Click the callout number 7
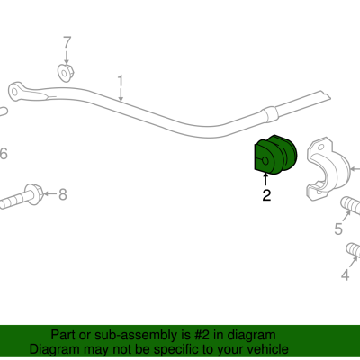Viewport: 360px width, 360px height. [67, 42]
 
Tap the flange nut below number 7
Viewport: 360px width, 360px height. [66, 72]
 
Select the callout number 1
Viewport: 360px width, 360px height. [121, 81]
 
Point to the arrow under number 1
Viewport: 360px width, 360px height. [121, 94]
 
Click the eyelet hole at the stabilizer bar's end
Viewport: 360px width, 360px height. [14, 91]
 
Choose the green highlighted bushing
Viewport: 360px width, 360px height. [275, 155]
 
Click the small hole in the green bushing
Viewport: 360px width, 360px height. [265, 161]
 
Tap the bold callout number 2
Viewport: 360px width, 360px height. [266, 195]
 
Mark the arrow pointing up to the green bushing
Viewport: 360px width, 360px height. [265, 180]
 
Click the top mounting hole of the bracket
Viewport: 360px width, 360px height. [321, 148]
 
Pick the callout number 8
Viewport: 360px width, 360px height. [62, 194]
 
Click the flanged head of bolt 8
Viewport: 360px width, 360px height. [34, 194]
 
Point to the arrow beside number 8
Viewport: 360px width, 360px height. [50, 194]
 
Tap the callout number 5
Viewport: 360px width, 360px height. [338, 229]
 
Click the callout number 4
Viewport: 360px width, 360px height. [346, 274]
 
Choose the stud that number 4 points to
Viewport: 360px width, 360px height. [354, 250]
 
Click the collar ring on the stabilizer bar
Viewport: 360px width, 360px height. [269, 114]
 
